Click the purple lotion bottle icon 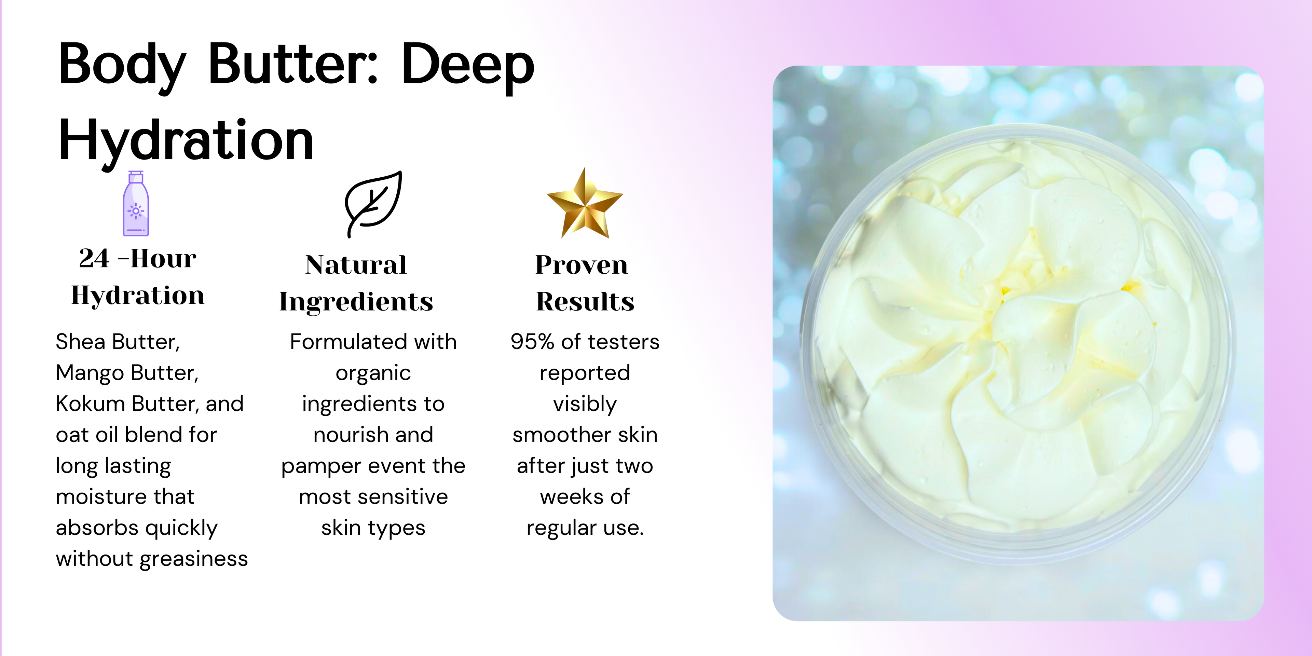point(136,204)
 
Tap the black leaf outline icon point(373,204)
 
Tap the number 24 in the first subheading point(94,258)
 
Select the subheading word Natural point(356,265)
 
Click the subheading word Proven point(582,265)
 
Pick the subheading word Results point(585,301)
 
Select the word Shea point(81,342)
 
